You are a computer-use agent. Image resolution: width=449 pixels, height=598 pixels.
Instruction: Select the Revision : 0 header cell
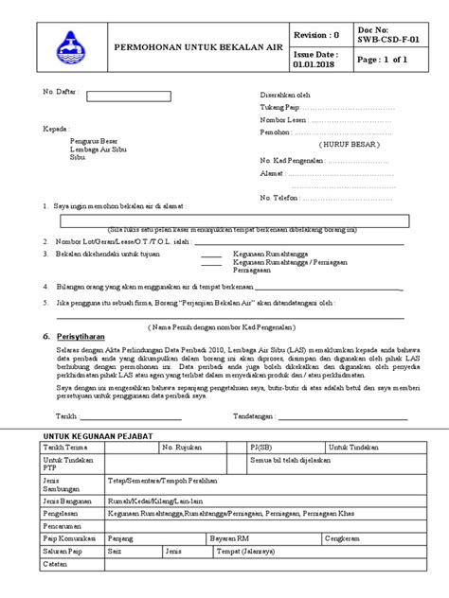pos(316,34)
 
